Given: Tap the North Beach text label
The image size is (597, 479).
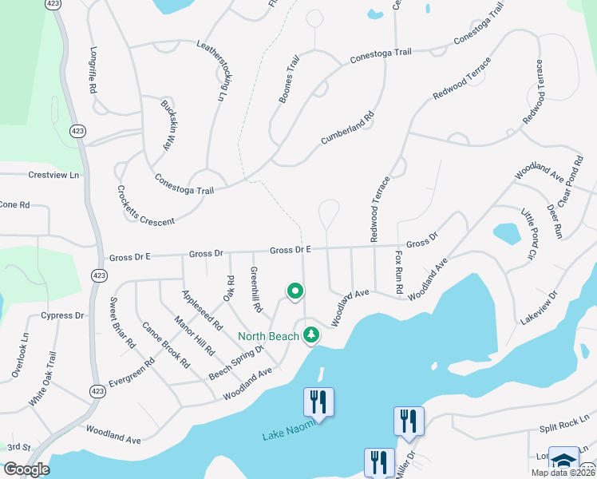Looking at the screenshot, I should [x=267, y=336].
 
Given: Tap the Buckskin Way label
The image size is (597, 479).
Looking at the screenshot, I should [x=168, y=123].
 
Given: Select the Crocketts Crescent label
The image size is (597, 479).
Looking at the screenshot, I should [x=145, y=205].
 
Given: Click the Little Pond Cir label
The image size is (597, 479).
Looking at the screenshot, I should [x=530, y=233].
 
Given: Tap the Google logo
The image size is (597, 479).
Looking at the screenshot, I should [x=26, y=469].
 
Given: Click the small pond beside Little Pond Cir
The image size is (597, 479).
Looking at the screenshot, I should [x=507, y=233].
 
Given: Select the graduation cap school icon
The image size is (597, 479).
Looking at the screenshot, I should [x=563, y=461].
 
